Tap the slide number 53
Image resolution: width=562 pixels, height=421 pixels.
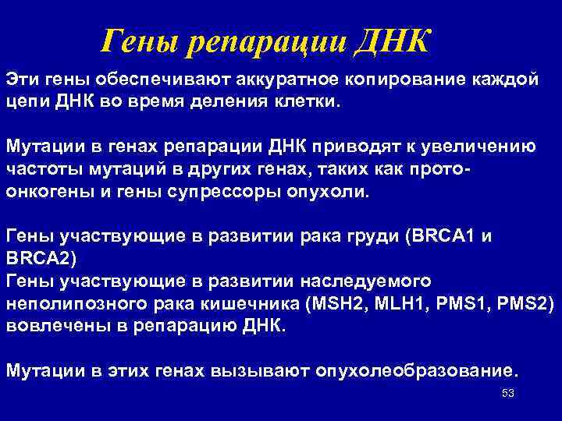click(508, 393)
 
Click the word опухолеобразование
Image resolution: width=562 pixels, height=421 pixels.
click(414, 369)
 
